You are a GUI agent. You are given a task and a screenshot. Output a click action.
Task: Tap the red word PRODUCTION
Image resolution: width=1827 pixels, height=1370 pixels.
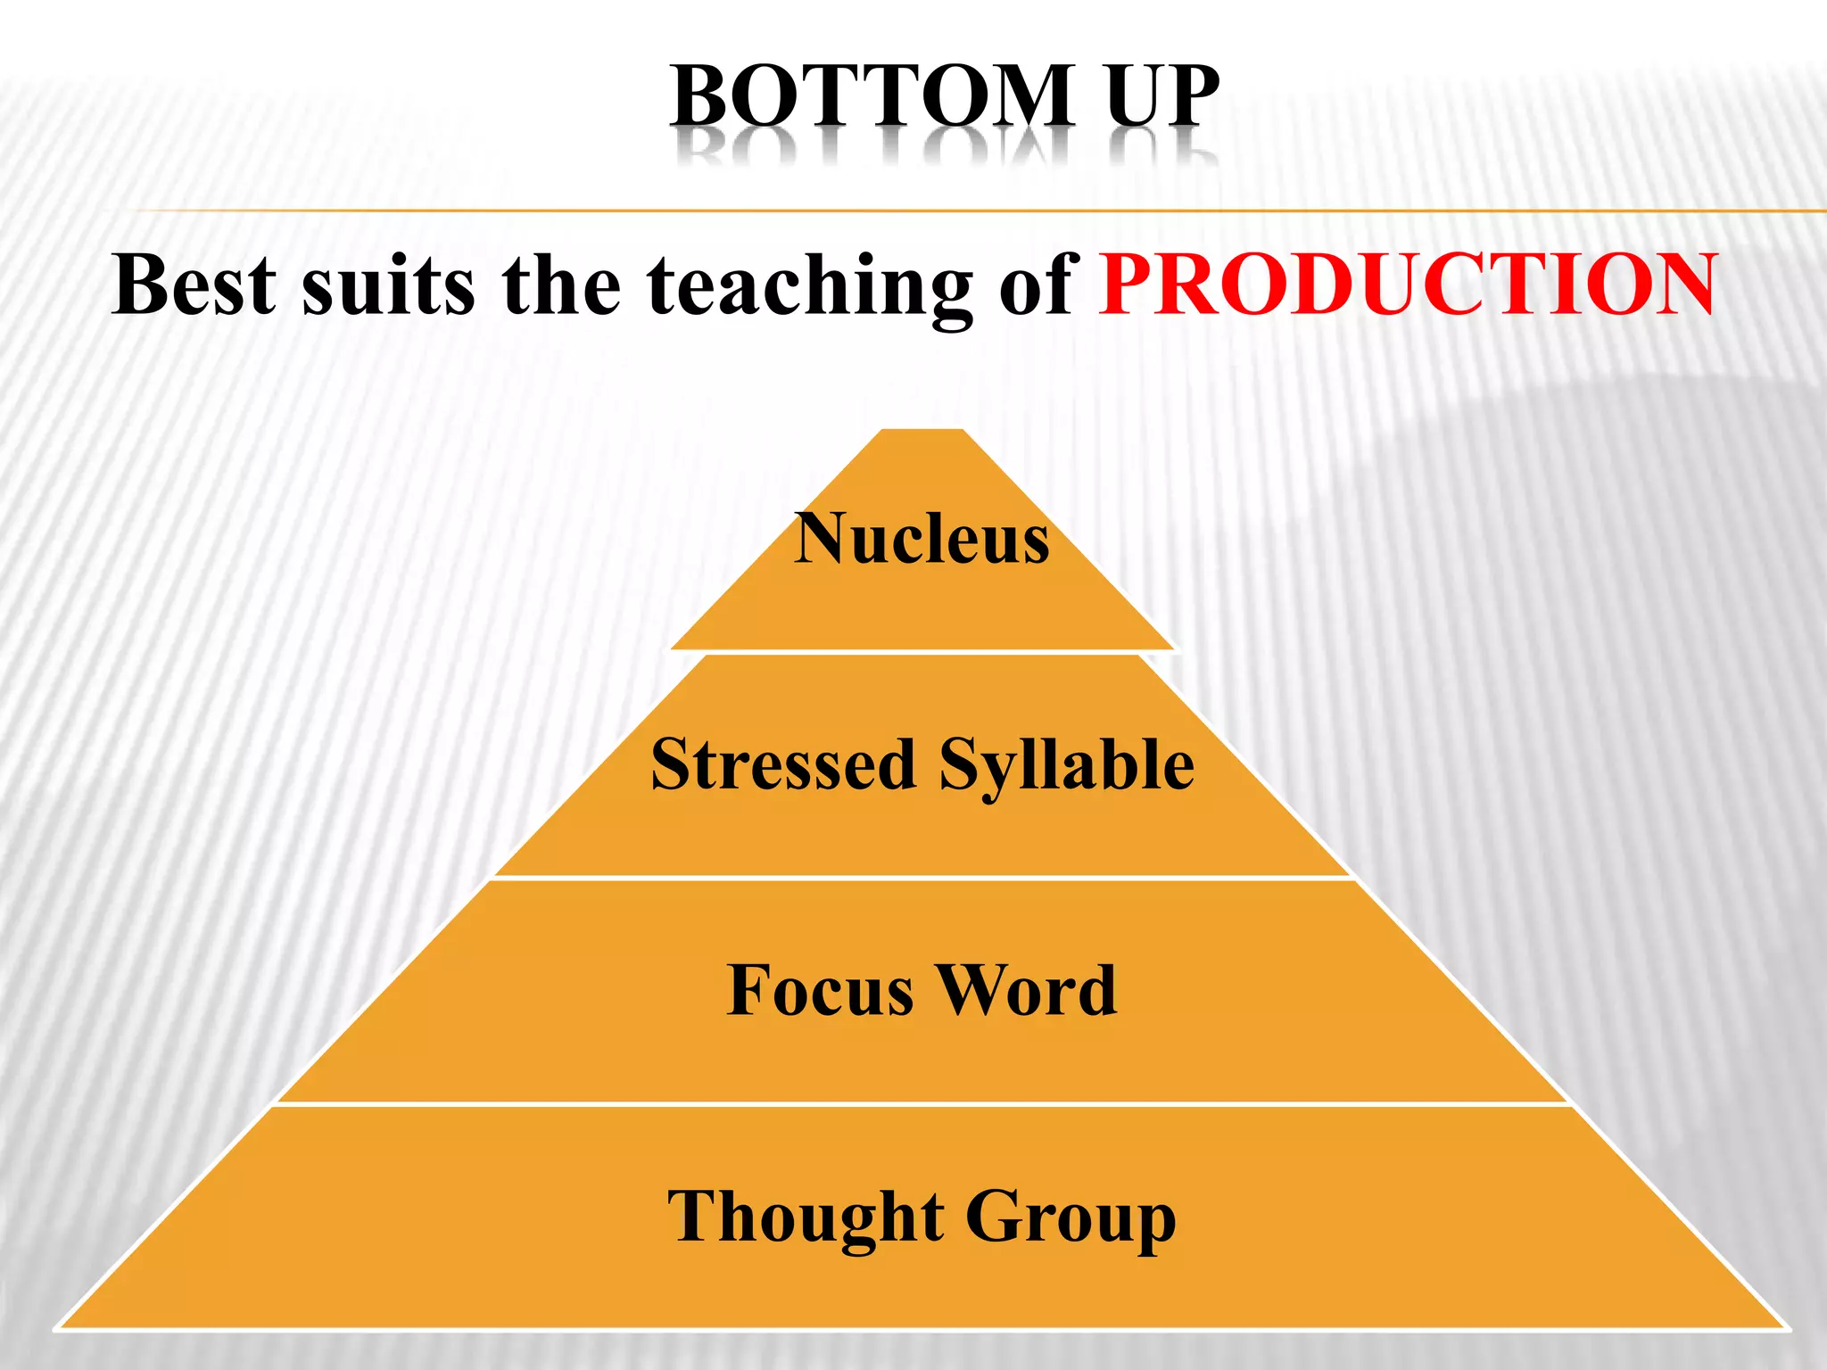coord(1407,285)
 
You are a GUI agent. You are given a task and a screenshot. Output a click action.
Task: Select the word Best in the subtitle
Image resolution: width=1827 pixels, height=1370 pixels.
coord(194,285)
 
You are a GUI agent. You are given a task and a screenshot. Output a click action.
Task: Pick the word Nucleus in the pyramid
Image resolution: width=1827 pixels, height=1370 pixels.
coord(922,539)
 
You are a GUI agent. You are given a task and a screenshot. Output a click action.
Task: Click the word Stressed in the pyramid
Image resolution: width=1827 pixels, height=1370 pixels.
coord(783,764)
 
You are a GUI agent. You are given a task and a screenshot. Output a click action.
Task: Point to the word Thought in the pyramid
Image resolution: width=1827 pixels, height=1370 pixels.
coord(806,1217)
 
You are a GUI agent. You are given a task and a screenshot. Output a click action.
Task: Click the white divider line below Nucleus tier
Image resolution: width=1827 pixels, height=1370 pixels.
coord(922,652)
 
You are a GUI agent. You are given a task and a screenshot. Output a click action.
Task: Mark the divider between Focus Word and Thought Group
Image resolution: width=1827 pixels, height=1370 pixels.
coord(922,1104)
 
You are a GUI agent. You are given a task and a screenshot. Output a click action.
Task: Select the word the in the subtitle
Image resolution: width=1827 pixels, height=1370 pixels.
coord(560,285)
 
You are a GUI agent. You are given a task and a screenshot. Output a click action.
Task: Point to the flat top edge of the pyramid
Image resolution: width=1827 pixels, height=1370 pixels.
coord(922,430)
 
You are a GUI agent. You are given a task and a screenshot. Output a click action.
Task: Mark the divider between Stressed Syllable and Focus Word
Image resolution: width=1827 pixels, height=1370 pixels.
coord(922,879)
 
